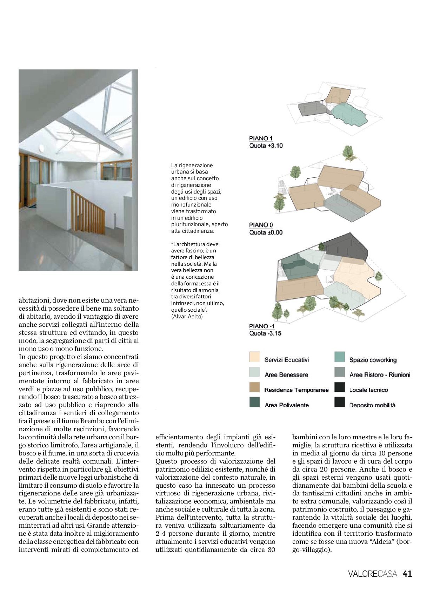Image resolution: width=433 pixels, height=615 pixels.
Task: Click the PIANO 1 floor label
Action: (261, 138)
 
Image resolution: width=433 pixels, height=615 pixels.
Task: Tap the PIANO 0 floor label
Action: (261, 225)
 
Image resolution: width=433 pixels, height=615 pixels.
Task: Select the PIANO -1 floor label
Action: (262, 326)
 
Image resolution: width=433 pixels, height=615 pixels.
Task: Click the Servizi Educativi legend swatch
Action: (254, 357)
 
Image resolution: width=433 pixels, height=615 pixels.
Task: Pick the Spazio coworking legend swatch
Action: (340, 357)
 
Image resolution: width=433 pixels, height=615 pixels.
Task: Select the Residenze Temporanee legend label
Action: (296, 390)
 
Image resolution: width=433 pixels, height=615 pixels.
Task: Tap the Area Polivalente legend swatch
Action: (254, 402)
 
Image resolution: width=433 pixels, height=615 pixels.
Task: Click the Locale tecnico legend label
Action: (368, 390)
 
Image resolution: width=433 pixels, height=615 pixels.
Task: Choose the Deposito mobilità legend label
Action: (372, 405)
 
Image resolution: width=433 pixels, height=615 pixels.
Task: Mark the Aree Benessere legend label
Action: (286, 375)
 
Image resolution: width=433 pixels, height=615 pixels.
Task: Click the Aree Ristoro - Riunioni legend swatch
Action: (340, 372)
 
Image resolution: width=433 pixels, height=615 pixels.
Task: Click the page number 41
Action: (407, 574)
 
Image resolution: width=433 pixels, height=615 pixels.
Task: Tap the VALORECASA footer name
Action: (373, 574)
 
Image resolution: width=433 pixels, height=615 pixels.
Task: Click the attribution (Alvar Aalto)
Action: (187, 317)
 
